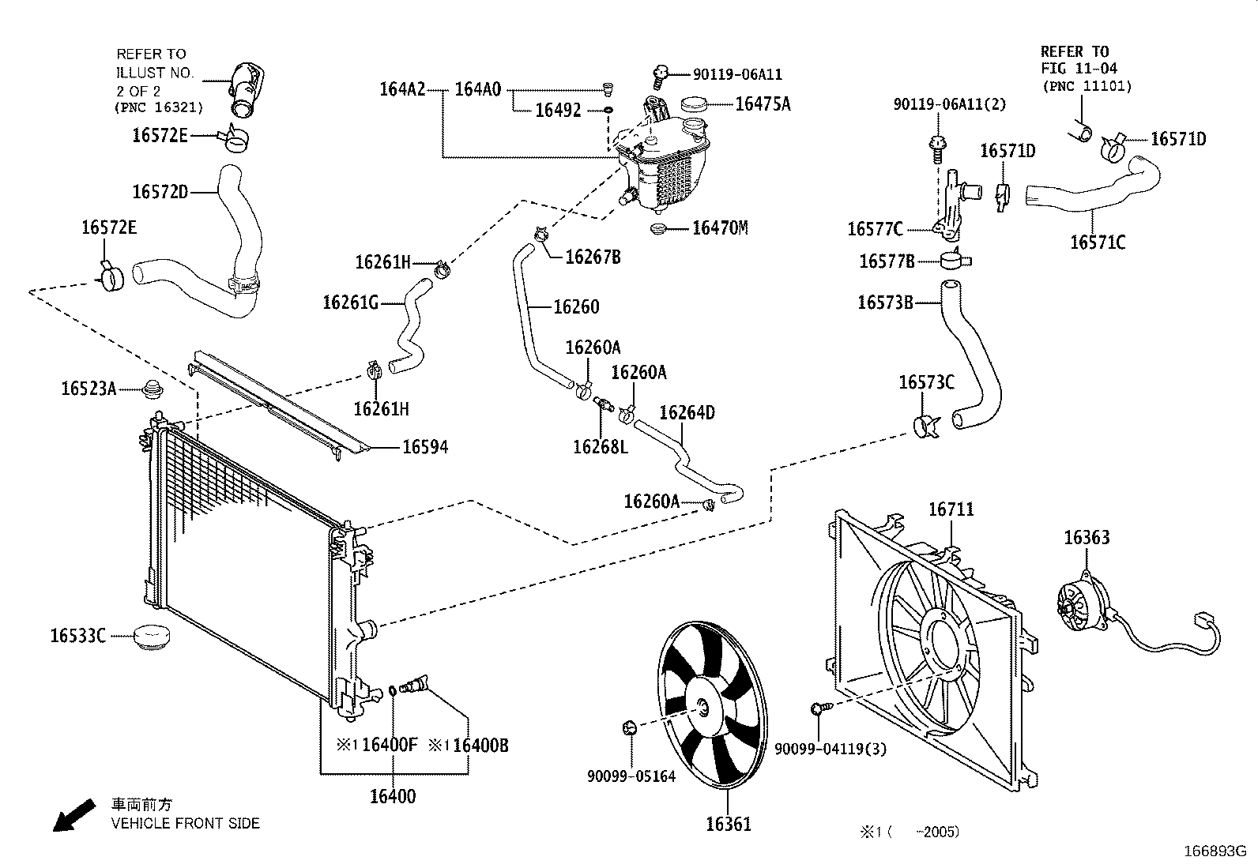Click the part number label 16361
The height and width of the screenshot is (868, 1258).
(x=728, y=825)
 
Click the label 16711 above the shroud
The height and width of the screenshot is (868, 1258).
(x=951, y=509)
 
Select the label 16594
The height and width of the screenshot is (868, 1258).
(x=425, y=448)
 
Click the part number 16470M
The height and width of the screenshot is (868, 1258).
(x=719, y=228)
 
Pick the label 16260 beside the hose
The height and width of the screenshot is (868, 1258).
(x=576, y=306)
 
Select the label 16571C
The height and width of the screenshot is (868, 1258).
(x=1097, y=242)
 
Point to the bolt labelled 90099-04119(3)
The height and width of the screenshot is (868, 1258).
(x=819, y=708)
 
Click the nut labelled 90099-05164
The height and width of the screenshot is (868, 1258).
(x=630, y=727)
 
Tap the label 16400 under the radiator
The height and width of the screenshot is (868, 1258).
(x=392, y=796)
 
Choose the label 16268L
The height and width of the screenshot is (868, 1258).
(x=601, y=447)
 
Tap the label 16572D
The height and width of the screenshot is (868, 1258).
(x=160, y=191)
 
